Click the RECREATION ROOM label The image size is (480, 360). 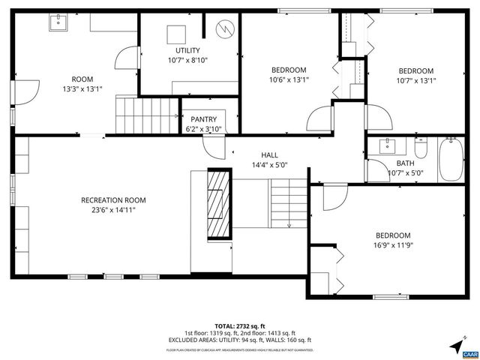point(113,200)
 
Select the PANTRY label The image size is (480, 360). point(204,119)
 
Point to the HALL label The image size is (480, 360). point(269,155)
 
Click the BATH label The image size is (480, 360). point(405,163)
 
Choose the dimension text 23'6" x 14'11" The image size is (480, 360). point(113,210)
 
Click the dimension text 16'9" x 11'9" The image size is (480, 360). point(394,244)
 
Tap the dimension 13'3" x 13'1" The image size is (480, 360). point(82,88)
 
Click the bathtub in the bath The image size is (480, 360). point(451,160)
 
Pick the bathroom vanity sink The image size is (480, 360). point(388,145)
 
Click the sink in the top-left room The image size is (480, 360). point(58,22)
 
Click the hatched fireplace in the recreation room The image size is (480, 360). point(218,204)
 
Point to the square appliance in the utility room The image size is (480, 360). point(175,34)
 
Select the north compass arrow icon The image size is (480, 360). point(457,346)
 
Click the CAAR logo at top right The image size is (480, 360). point(471,16)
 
